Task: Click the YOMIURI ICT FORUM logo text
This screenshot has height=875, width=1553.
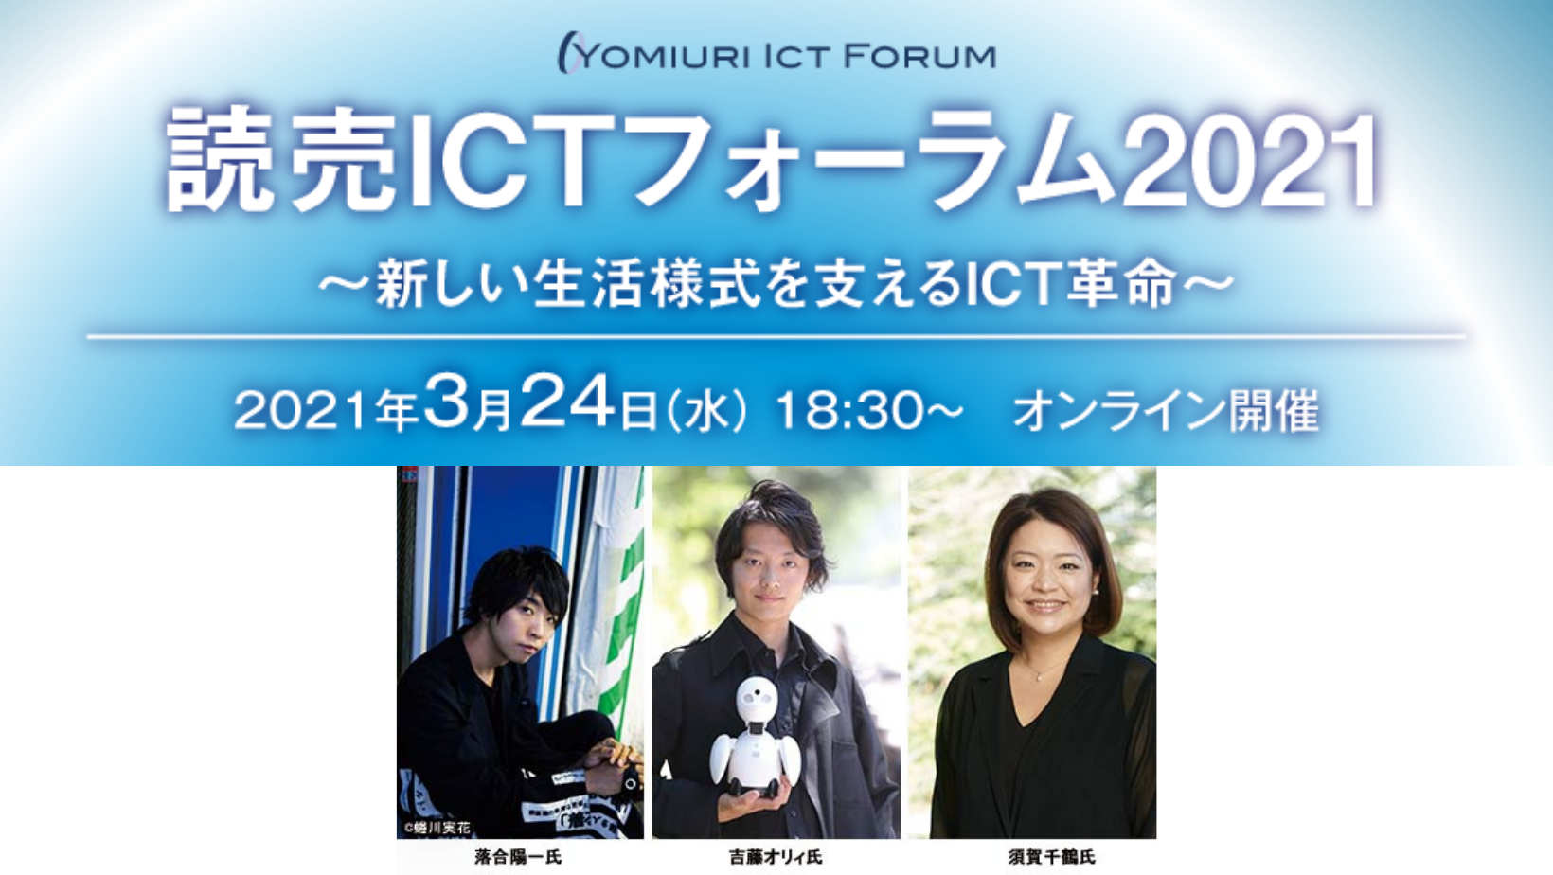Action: click(776, 54)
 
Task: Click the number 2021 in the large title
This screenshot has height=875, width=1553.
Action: click(1252, 161)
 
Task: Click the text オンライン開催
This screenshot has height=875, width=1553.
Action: click(1166, 411)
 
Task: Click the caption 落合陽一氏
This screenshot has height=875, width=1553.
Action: click(518, 858)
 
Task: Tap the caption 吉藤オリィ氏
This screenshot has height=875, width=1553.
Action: click(776, 858)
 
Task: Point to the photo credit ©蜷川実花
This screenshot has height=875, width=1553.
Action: click(437, 828)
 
